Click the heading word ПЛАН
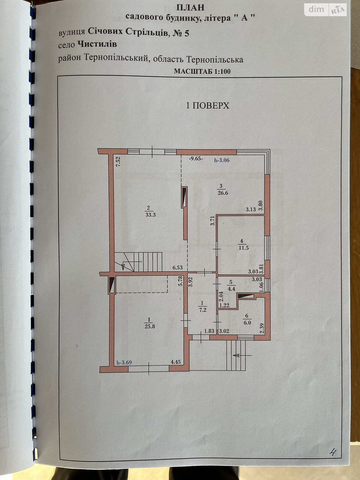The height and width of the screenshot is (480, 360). click(x=190, y=8)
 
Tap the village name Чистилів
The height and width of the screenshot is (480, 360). click(x=97, y=44)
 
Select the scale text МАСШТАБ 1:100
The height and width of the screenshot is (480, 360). click(x=202, y=71)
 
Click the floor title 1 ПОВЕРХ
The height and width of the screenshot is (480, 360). click(x=207, y=106)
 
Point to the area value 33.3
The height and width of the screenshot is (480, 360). click(x=151, y=215)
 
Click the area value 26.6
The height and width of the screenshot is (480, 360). click(x=223, y=193)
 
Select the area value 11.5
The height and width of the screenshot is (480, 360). click(x=244, y=248)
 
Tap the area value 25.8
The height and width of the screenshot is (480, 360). click(x=150, y=326)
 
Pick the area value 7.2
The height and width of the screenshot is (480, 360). click(x=203, y=310)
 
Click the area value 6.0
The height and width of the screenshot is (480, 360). click(x=247, y=322)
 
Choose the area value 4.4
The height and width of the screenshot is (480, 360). click(x=232, y=289)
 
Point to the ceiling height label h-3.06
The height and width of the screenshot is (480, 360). click(x=222, y=160)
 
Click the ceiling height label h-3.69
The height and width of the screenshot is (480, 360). click(x=124, y=362)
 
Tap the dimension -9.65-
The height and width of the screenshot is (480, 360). click(x=196, y=159)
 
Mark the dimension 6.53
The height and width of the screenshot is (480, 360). click(x=177, y=267)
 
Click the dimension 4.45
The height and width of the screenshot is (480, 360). click(x=176, y=362)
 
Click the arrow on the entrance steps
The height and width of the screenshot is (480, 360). click(x=242, y=355)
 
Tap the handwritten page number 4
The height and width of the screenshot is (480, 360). click(x=332, y=452)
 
